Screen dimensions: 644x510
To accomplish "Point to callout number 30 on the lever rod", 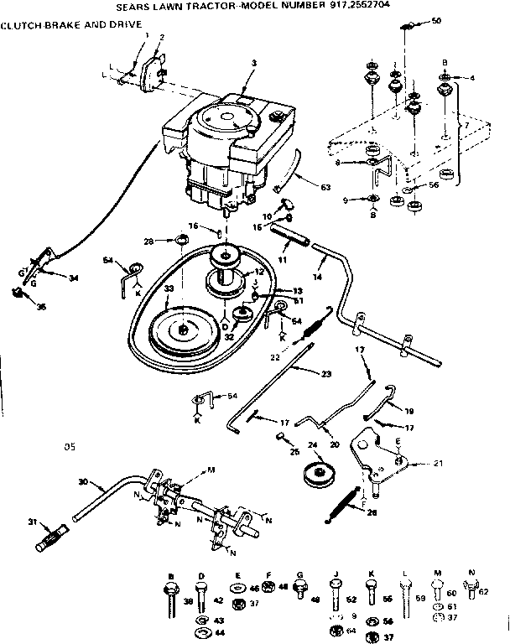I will tap(81, 481).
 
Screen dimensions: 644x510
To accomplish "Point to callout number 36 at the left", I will tap(40, 306).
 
